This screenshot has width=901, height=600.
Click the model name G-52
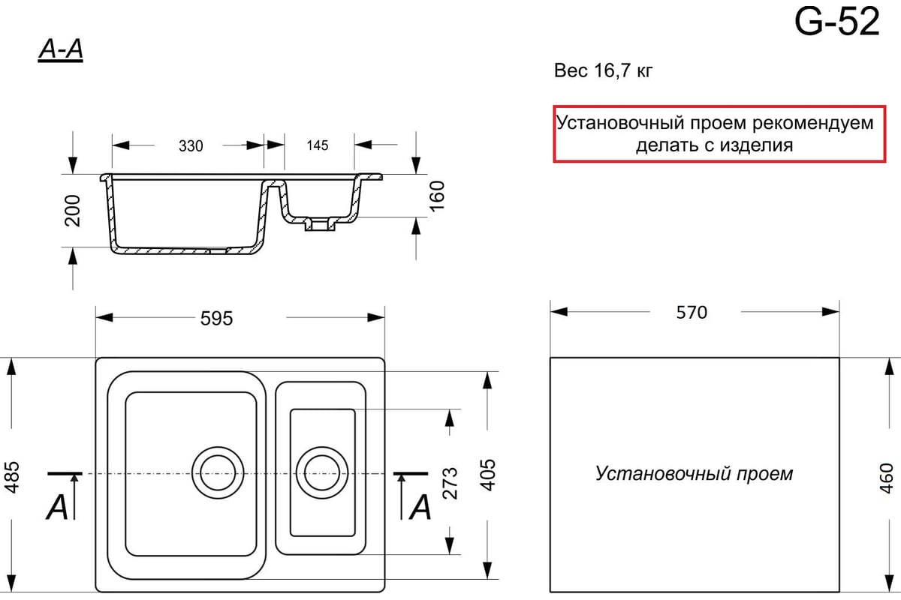tap(837, 22)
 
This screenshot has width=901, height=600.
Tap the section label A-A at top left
tap(61, 50)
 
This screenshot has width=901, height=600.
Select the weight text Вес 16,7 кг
tap(604, 70)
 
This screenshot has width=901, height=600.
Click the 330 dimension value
tap(191, 145)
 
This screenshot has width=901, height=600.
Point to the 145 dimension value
tap(318, 145)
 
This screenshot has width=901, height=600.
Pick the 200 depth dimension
tap(73, 211)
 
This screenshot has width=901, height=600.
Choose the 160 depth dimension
tap(437, 196)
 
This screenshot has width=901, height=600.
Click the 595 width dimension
tap(216, 319)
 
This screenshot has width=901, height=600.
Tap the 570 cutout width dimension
tap(692, 312)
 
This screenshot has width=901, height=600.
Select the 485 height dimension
tap(11, 477)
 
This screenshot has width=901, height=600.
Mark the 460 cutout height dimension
tap(886, 478)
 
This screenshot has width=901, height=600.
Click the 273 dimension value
tap(450, 484)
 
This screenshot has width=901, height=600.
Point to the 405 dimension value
tap(488, 475)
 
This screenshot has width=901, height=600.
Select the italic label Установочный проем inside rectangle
tap(695, 474)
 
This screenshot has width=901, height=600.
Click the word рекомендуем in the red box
tap(812, 123)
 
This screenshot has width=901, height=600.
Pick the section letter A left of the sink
tap(57, 508)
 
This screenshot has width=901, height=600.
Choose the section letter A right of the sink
tap(420, 508)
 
